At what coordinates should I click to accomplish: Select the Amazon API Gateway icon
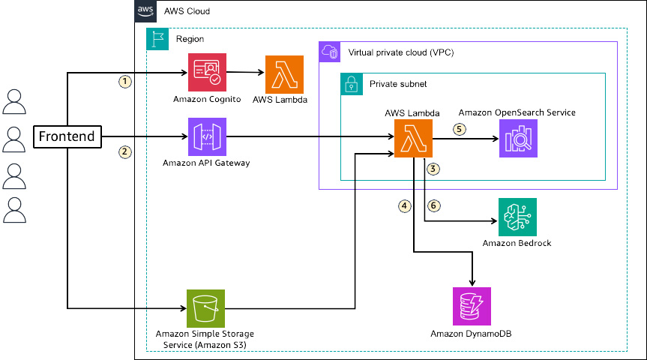coord(208,136)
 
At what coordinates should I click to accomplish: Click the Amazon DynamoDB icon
coord(472,307)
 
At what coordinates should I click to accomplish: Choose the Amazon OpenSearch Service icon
coord(518,138)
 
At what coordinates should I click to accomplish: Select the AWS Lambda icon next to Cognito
coord(283,73)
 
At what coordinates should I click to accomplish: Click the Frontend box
coord(67,136)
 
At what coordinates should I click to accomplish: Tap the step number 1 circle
coord(126,80)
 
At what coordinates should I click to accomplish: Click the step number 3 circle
coord(433,169)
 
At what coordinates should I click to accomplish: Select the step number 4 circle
coord(405,205)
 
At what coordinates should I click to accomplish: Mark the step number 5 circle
coord(460,128)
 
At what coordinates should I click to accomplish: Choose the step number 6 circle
coord(433,205)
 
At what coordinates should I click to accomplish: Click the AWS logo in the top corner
coord(145,11)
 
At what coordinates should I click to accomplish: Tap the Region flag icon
coord(157,39)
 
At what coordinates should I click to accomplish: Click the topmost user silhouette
coord(13,100)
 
